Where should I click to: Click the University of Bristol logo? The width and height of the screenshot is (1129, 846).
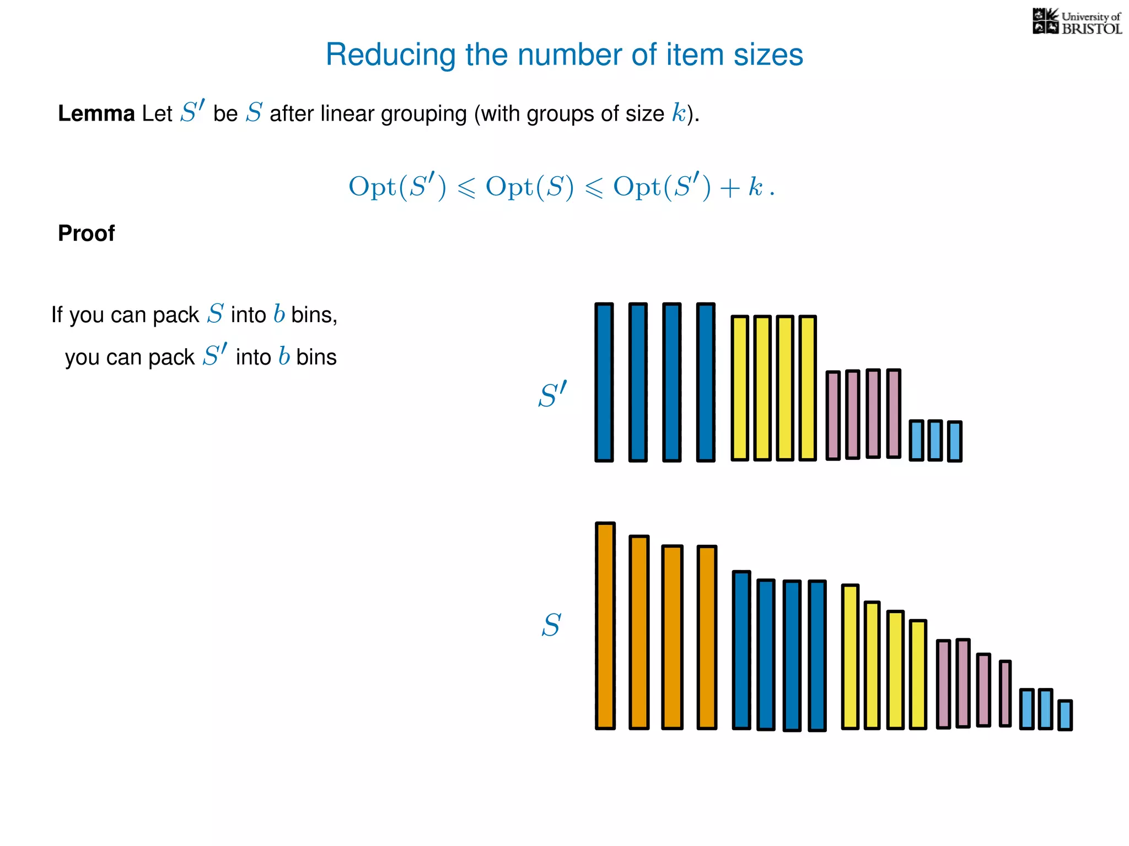coord(1077,22)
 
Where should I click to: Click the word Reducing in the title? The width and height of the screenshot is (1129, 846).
coord(390,55)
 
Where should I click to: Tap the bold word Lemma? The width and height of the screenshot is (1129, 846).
coord(96,114)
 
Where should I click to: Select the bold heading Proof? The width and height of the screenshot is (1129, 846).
coord(87,234)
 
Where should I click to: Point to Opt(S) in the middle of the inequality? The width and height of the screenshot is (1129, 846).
coord(529,187)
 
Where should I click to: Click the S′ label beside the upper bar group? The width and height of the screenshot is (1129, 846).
coord(552,395)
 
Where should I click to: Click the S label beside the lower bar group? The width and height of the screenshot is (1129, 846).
coord(551,626)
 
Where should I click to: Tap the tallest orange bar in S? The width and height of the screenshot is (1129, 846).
coord(605,626)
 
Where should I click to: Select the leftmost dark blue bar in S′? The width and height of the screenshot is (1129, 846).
coord(604,382)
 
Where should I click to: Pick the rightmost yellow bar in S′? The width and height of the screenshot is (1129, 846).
coord(807,388)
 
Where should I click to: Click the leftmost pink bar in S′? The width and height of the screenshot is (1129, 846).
coord(833,415)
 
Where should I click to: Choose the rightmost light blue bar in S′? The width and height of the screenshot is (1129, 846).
coord(955,441)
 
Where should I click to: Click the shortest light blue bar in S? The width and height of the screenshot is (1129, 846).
coord(1065,715)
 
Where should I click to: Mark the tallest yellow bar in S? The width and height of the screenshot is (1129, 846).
coord(850,657)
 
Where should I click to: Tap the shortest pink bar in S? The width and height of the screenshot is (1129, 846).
coord(1005,693)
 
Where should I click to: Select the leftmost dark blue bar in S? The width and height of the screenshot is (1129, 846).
coord(741,650)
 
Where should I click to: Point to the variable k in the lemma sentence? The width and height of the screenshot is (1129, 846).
coord(679,113)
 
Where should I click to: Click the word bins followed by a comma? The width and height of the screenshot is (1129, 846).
coord(314,315)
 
